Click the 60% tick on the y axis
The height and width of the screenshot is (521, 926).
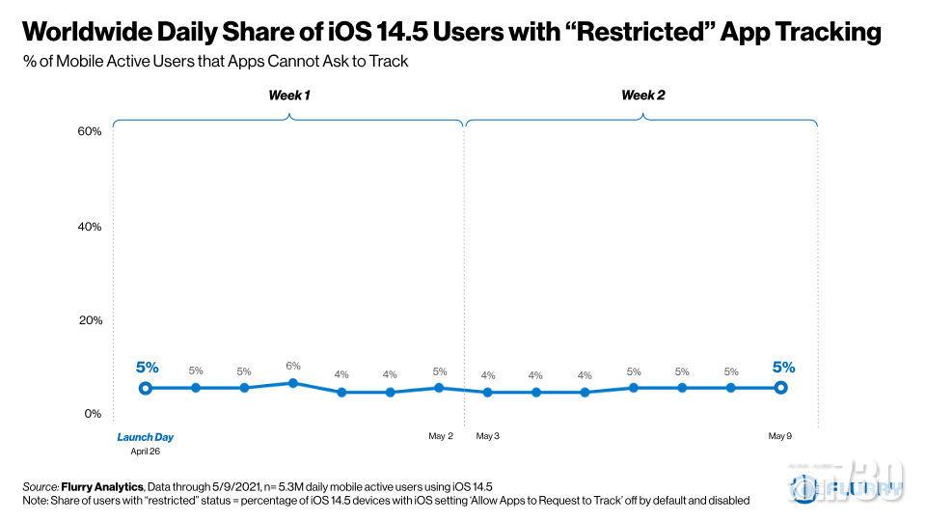(x=90, y=131)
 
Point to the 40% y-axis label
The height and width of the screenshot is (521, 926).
(x=90, y=227)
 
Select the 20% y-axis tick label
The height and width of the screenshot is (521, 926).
(x=90, y=320)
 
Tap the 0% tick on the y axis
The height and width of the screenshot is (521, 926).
(x=93, y=414)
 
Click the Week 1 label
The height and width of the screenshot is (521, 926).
(x=289, y=96)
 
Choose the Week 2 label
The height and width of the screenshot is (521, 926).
(x=642, y=96)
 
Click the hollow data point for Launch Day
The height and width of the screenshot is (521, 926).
(x=146, y=388)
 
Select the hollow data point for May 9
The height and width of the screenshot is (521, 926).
(x=780, y=388)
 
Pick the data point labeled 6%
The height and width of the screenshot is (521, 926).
(x=293, y=383)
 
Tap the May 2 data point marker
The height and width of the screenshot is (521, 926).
(x=440, y=388)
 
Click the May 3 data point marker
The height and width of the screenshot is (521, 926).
(x=488, y=393)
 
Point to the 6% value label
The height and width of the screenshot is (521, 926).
(x=293, y=366)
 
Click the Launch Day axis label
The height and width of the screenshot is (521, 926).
(x=146, y=437)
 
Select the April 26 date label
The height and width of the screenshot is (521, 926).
(x=146, y=451)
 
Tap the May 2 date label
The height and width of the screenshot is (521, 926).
(x=441, y=437)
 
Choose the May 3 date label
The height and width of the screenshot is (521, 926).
(x=488, y=437)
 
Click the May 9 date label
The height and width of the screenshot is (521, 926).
(x=780, y=437)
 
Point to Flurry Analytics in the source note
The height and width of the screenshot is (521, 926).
(x=101, y=487)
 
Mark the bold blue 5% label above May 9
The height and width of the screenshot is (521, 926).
(x=782, y=367)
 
